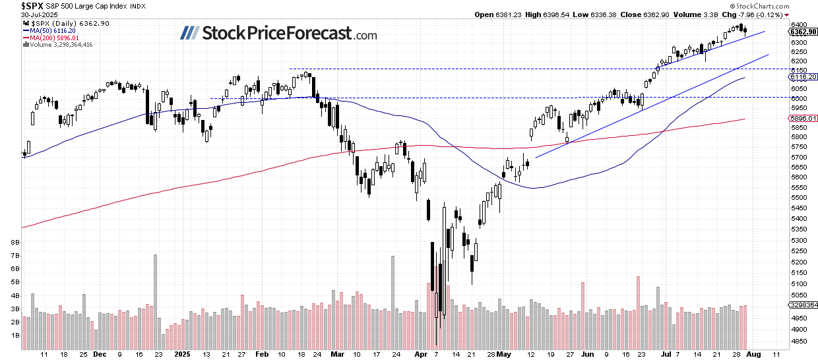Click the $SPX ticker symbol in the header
pos(13,5)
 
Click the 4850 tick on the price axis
pos(799,341)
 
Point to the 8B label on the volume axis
pos(14,243)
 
